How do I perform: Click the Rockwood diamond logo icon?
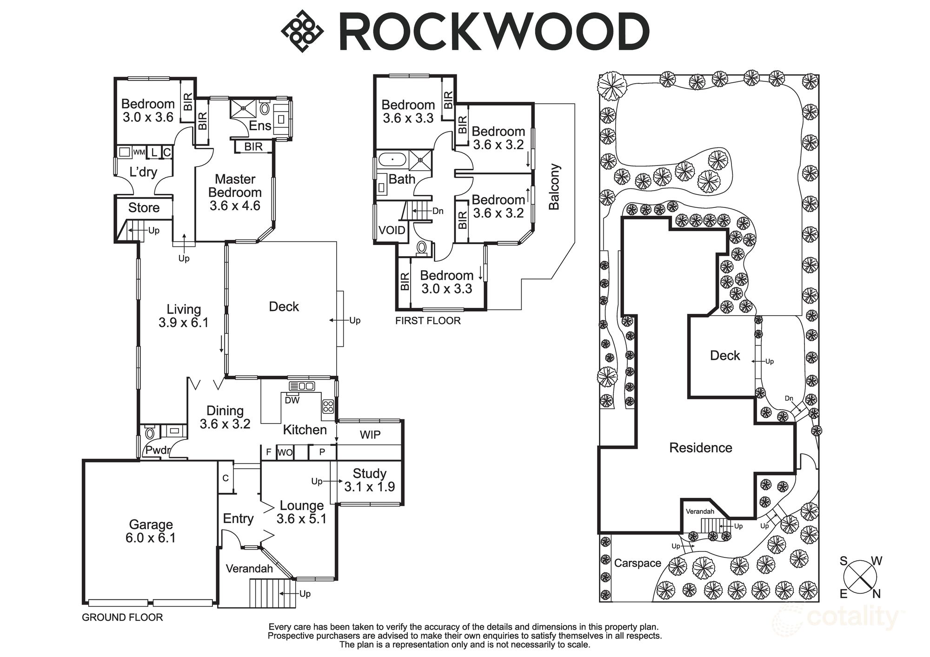coord(302,31)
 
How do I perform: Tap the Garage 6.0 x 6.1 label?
coord(151,531)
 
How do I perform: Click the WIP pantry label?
coord(370,435)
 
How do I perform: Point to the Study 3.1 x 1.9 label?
coord(370,480)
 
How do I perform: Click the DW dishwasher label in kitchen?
coord(292,400)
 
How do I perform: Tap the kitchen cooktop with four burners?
coord(328,406)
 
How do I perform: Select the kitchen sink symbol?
coord(302,386)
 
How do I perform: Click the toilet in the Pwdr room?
coord(150,434)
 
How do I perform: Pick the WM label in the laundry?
coord(139,152)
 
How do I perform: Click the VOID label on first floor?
coord(392,230)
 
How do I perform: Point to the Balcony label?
coord(554,186)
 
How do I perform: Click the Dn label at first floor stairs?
coord(438,211)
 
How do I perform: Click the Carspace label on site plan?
coord(638,563)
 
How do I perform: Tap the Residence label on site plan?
coord(700,448)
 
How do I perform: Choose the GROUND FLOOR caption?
coord(122,617)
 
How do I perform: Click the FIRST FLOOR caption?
coord(428,321)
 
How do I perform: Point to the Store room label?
coord(144,208)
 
